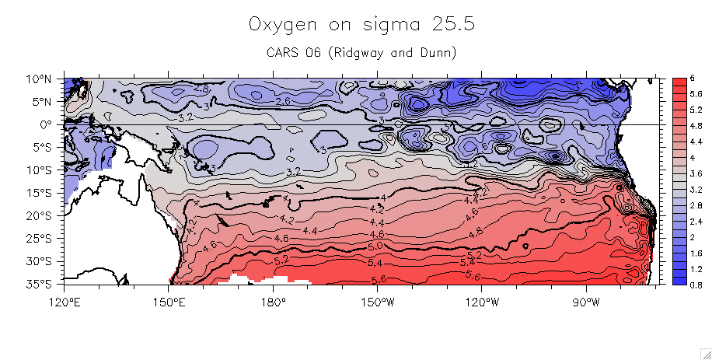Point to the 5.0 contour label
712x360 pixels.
point(375,246)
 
